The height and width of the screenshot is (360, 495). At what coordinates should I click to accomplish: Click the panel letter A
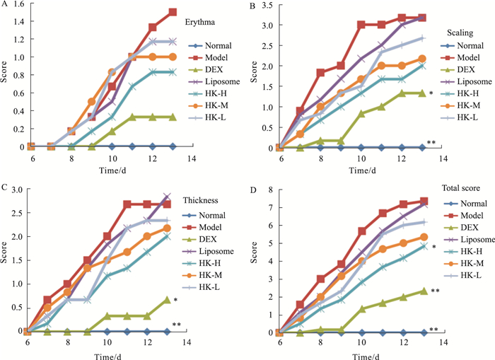tap(5, 6)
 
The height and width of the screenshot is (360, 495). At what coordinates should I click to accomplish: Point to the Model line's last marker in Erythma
tap(173, 12)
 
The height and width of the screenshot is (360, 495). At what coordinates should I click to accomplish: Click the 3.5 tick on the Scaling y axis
tap(266, 6)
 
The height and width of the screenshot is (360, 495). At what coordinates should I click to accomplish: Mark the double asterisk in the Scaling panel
tap(431, 143)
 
